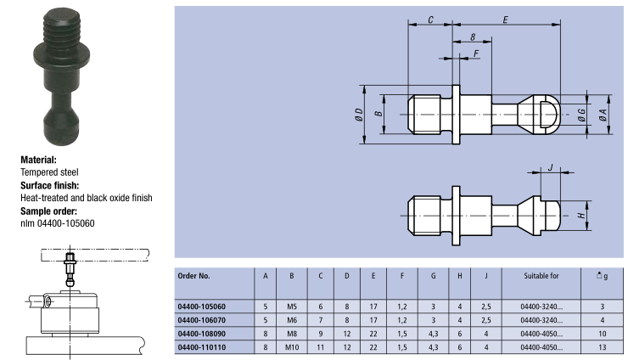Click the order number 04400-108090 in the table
coord(201,334)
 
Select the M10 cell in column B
coord(292,347)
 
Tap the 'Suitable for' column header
coord(541,276)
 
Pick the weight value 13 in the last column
coord(602,347)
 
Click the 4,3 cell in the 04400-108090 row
coord(433,334)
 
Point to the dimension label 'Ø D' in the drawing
coord(358,115)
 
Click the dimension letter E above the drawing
coord(506,20)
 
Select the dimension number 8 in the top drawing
coord(473,37)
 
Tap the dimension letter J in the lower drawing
coord(550,167)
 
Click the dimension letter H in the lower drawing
coord(581,216)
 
